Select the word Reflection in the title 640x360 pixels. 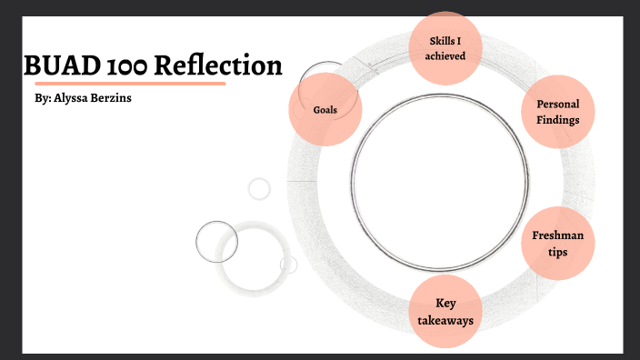pyautogui.click(x=221, y=66)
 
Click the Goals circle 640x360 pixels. pyautogui.click(x=325, y=109)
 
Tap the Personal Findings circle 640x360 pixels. pyautogui.click(x=558, y=111)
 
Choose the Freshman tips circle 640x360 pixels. pyautogui.click(x=558, y=243)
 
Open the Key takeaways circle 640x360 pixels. pyautogui.click(x=445, y=312)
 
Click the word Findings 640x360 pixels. pyautogui.click(x=558, y=119)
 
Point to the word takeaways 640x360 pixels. pyautogui.click(x=445, y=320)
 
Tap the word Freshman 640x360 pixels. pyautogui.click(x=558, y=235)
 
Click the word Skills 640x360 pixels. pyautogui.click(x=438, y=40)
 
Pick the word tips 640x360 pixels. pyautogui.click(x=558, y=251)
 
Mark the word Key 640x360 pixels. pyautogui.click(x=445, y=303)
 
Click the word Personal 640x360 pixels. pyautogui.click(x=558, y=104)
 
